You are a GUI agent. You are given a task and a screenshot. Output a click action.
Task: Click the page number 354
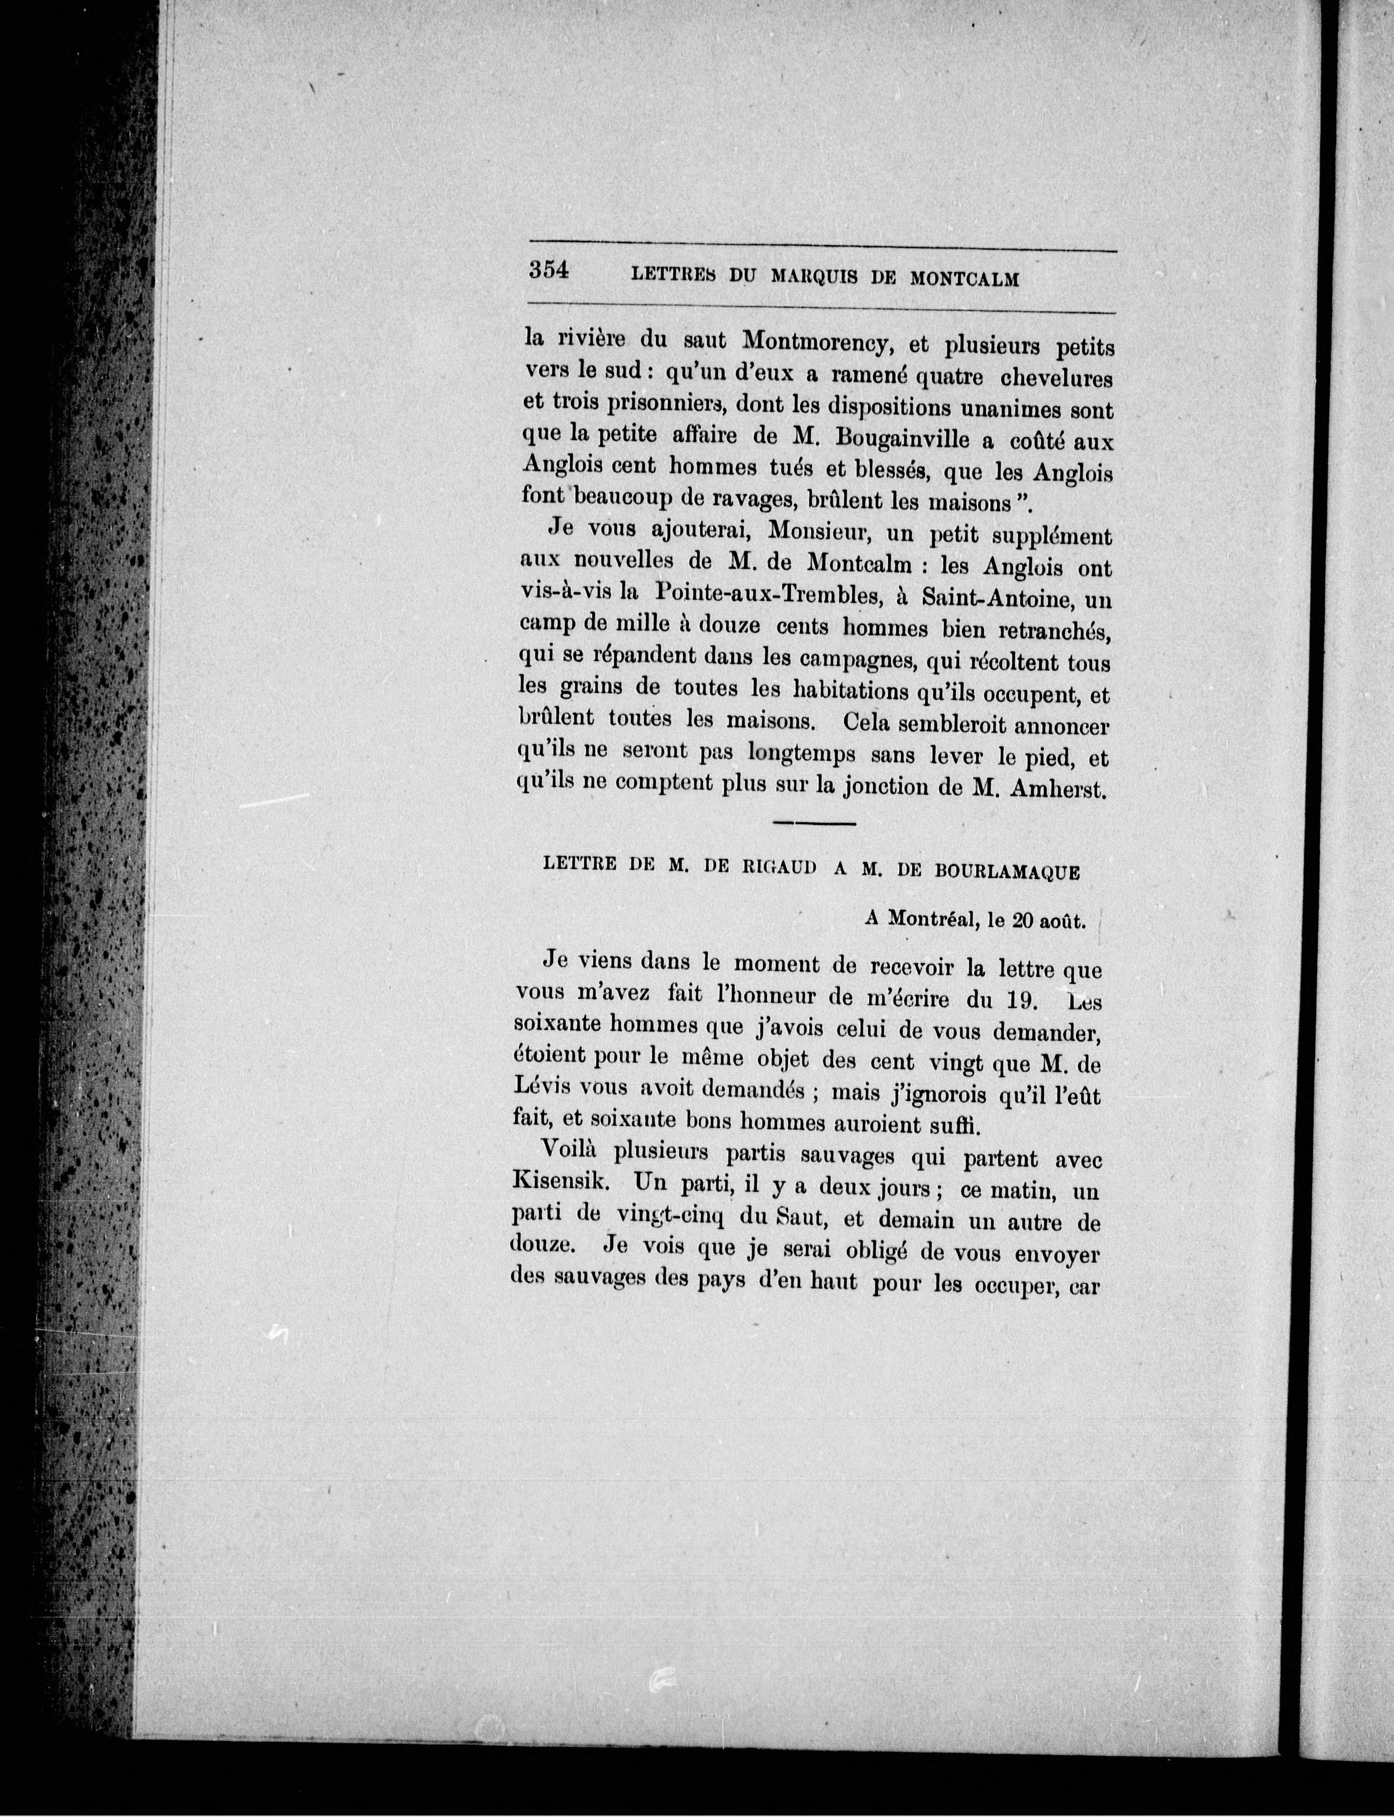tap(548, 271)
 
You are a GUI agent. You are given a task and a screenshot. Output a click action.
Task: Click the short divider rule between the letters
tap(814, 823)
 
